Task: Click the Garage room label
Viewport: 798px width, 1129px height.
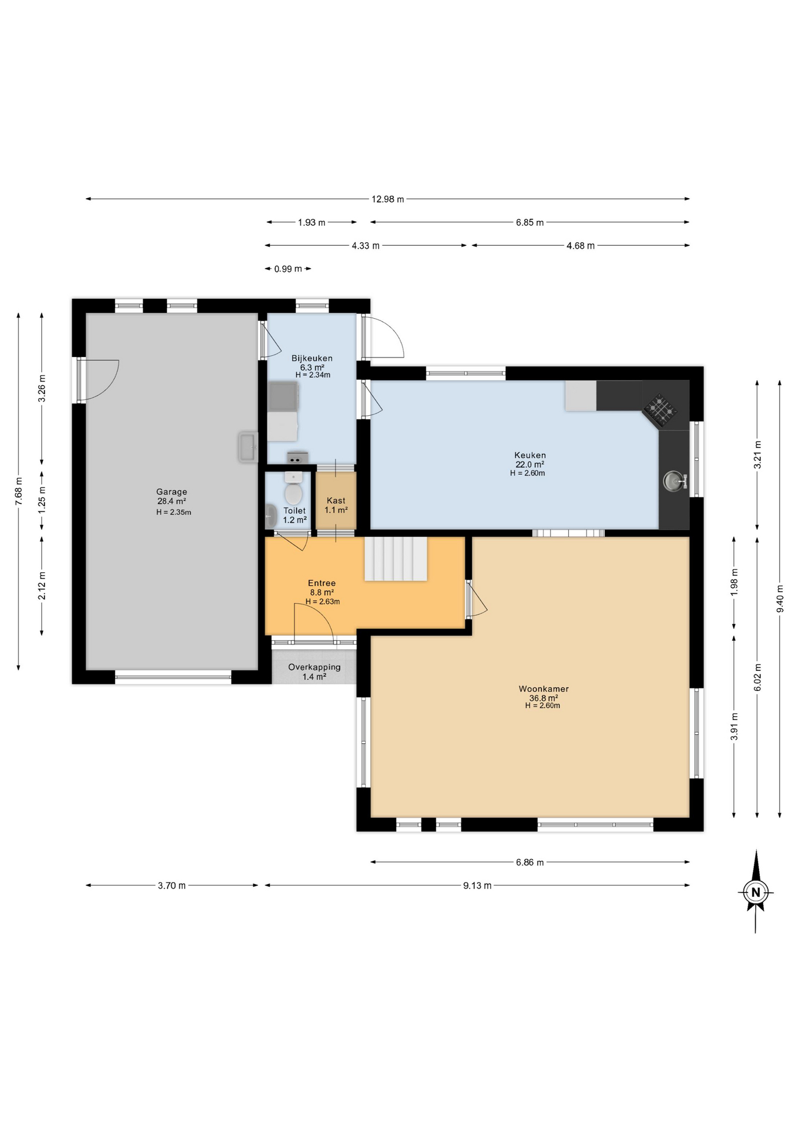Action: [172, 492]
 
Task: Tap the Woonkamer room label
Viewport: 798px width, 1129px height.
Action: [544, 689]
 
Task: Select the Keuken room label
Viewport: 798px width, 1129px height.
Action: [530, 455]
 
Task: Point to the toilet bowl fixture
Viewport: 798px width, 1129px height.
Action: [293, 489]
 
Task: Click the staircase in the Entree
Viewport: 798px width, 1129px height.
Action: [395, 559]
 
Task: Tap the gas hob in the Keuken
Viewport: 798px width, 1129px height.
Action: [660, 408]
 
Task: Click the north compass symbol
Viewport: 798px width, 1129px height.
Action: [756, 891]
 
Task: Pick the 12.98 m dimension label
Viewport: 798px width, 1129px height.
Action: [388, 199]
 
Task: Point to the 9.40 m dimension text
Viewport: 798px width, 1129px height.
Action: [780, 599]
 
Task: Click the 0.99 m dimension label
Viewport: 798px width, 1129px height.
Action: [288, 269]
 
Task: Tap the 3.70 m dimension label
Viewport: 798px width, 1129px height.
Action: [172, 886]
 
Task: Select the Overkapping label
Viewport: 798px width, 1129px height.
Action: [314, 667]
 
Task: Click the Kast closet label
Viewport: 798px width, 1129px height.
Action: [336, 501]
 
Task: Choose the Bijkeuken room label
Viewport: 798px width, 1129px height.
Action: [312, 358]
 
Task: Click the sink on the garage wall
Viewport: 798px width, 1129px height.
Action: [248, 447]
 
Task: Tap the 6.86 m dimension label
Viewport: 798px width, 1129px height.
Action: [530, 862]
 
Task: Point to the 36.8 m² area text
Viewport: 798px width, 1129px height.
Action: [544, 698]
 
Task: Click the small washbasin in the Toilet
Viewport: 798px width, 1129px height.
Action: [270, 516]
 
